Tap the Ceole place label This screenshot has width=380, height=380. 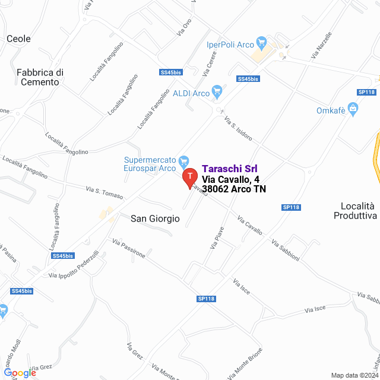[x=18, y=39]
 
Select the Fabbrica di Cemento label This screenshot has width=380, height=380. [x=40, y=77]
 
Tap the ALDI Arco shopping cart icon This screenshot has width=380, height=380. [x=217, y=92]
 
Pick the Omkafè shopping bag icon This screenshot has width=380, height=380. [x=353, y=109]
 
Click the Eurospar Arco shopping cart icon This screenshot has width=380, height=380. [x=183, y=160]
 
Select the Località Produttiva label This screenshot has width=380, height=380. [x=355, y=211]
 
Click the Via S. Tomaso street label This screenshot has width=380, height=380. [x=104, y=192]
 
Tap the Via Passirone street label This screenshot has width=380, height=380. [x=128, y=248]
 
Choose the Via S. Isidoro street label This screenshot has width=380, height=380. [x=238, y=129]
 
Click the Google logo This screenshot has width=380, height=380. [x=20, y=373]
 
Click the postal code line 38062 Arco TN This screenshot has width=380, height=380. [x=234, y=189]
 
